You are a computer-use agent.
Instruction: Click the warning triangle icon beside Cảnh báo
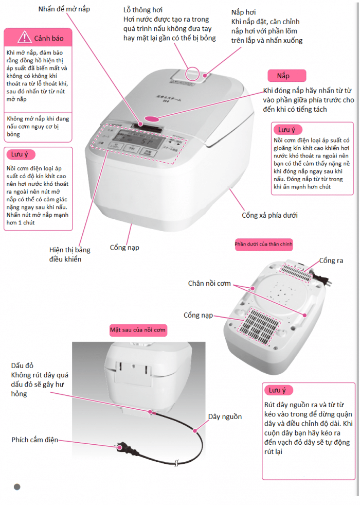pos(24,38)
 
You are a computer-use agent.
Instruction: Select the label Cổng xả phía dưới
pos(269,215)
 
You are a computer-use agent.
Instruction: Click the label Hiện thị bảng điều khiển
pos(70,254)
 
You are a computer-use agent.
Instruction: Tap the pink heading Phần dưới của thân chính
pos(263,243)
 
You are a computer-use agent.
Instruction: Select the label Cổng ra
pos(331,260)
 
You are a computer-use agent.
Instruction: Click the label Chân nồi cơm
pos(209,283)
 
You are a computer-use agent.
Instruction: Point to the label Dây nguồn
pos(225,416)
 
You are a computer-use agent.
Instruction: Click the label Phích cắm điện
pos(35,440)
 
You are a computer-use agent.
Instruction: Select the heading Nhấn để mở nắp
pos(67,9)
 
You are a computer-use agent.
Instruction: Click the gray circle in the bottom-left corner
pos(17,487)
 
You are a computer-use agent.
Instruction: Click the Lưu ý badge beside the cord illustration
pos(278,390)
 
